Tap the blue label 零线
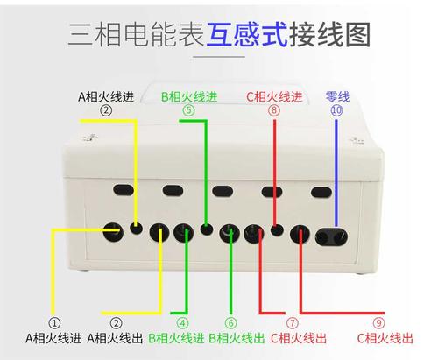(x=337, y=96)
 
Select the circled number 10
(x=337, y=109)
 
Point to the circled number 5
(x=188, y=110)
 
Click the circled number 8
(x=274, y=110)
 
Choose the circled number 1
(x=54, y=322)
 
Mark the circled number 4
(x=183, y=322)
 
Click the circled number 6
(x=231, y=322)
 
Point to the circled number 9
(x=378, y=322)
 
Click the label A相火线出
(x=114, y=337)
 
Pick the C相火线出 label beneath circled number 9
(x=384, y=337)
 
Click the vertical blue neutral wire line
(x=336, y=171)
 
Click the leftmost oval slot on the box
(x=124, y=189)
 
